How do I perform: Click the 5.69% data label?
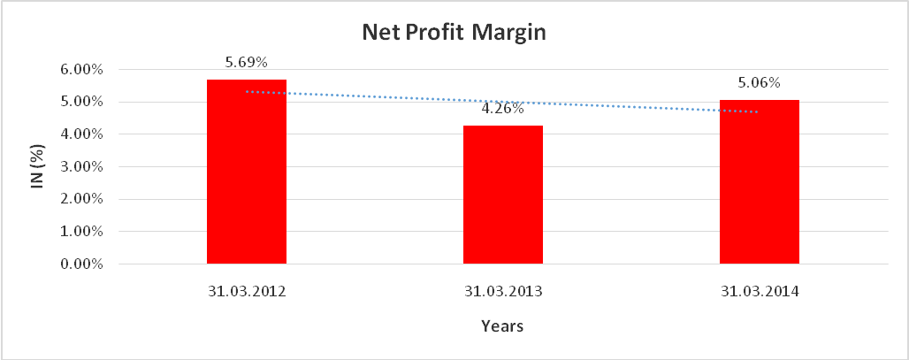(x=247, y=62)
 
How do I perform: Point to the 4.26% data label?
(x=503, y=110)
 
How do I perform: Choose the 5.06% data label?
(x=760, y=83)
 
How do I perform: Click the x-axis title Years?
(x=502, y=326)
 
